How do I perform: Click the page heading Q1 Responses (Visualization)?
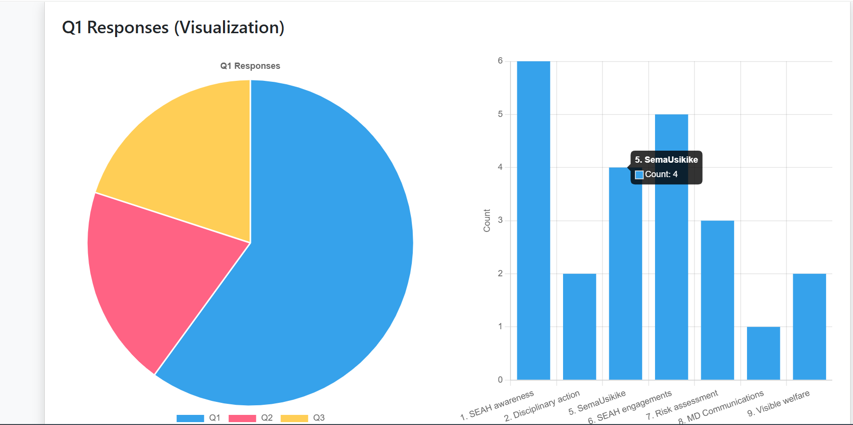pyautogui.click(x=173, y=27)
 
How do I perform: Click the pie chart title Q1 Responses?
pyautogui.click(x=250, y=66)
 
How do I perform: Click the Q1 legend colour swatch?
pyautogui.click(x=190, y=418)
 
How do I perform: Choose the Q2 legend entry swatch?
pyautogui.click(x=242, y=418)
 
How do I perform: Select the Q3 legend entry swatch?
pyautogui.click(x=294, y=418)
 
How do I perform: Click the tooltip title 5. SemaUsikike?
pyautogui.click(x=666, y=160)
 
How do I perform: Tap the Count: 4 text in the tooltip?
pyautogui.click(x=661, y=174)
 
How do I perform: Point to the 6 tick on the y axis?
pyautogui.click(x=500, y=61)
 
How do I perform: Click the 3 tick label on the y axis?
pyautogui.click(x=500, y=220)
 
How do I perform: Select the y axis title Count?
pyautogui.click(x=487, y=220)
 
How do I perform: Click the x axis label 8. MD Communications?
pyautogui.click(x=721, y=407)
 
